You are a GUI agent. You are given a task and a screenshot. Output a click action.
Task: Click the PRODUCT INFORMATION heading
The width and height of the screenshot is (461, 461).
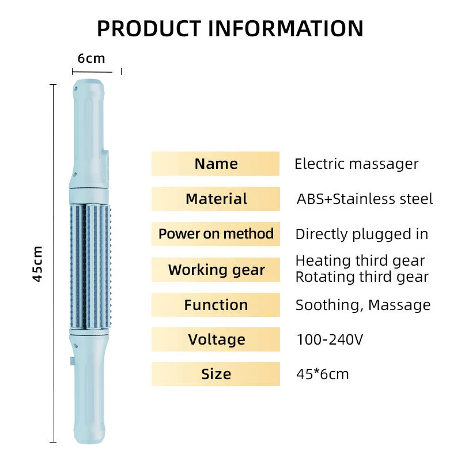point(230,28)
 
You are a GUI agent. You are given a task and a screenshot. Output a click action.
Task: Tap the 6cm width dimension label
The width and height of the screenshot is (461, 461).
point(92,58)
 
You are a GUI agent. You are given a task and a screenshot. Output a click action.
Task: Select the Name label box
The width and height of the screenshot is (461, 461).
point(216,164)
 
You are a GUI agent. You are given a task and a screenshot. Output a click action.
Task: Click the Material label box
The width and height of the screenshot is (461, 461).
point(216,199)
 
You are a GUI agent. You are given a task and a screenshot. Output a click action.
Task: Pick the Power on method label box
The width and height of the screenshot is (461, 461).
point(216,234)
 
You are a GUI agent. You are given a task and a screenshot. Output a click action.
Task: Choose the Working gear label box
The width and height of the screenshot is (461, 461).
point(216,270)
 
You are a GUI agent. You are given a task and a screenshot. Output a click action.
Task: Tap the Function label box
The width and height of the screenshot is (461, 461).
point(216,305)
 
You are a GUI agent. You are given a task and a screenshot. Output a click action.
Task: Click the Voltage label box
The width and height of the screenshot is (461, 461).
point(216,339)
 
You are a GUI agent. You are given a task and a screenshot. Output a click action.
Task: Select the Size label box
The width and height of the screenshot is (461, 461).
point(216,374)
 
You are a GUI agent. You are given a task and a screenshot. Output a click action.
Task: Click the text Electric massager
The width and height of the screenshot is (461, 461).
point(356,164)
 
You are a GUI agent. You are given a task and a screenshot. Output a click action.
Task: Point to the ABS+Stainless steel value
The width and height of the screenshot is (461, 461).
point(364,199)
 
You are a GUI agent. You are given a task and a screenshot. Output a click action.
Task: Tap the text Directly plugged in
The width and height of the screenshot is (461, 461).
point(361,234)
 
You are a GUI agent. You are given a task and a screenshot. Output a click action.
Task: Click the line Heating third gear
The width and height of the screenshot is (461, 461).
point(360,261)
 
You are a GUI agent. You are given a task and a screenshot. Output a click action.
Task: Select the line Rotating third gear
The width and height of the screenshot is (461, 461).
point(362,277)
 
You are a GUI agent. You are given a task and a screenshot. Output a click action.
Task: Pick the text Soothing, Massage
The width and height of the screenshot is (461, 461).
point(362,305)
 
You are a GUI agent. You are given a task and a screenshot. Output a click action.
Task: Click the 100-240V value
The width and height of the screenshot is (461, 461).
point(330,339)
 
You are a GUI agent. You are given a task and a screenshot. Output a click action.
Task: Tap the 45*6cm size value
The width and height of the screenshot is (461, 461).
point(322,374)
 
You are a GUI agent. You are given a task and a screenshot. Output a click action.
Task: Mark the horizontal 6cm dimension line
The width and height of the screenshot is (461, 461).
point(96,71)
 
